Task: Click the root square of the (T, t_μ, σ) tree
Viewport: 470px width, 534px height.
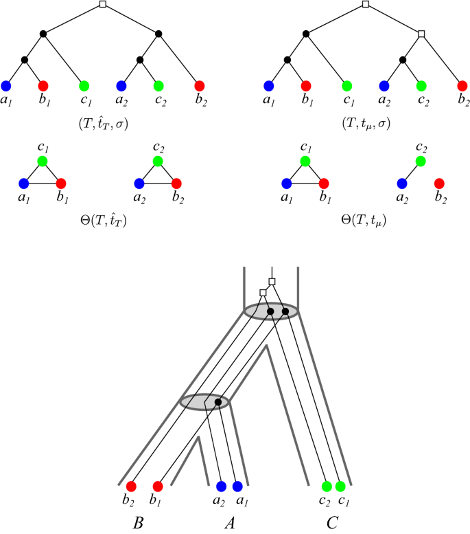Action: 365,5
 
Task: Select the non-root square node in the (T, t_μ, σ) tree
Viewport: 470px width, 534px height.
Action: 423,33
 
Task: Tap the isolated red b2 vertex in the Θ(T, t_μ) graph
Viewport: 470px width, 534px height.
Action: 440,183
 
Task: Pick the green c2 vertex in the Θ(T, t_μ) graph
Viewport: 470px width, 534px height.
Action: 422,161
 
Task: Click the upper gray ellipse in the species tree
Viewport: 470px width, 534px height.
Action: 272,312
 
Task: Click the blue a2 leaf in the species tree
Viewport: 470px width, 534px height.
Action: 221,486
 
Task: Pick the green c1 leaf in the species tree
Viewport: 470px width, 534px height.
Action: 340,486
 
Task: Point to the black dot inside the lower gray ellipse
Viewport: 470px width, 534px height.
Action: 218,401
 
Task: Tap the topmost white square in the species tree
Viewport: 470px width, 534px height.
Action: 272,282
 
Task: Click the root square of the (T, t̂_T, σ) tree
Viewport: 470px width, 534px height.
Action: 102,5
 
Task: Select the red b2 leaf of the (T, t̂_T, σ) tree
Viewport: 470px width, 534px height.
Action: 199,86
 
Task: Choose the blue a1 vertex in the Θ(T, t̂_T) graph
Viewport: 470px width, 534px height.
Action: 25,183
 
